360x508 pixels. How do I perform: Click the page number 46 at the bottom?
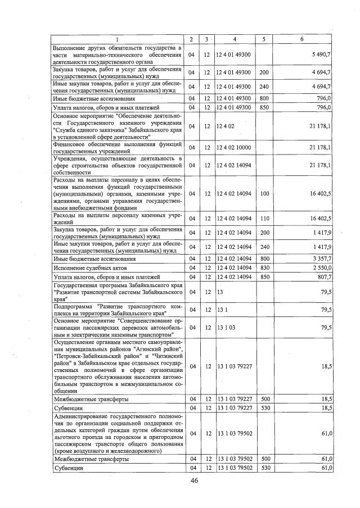tap(195, 480)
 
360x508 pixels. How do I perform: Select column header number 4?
tap(234, 39)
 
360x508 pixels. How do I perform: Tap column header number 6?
tap(302, 39)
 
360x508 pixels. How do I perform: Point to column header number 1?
tap(117, 39)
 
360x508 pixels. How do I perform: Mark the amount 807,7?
tap(322, 277)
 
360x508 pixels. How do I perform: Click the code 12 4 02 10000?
tap(233, 147)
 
